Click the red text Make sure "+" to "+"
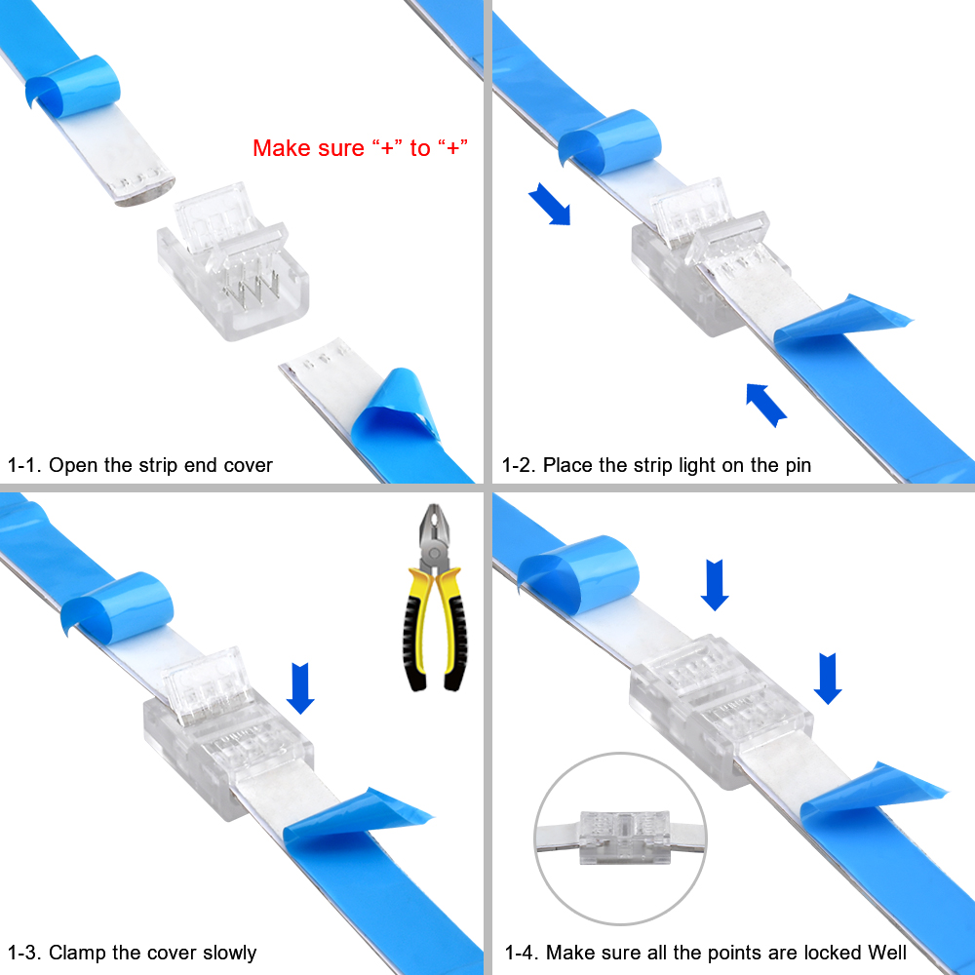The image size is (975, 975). pyautogui.click(x=360, y=148)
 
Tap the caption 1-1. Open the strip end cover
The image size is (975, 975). pyautogui.click(x=139, y=465)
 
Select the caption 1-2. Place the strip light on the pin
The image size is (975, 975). pyautogui.click(x=656, y=465)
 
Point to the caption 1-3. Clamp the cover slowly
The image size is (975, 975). pyautogui.click(x=132, y=953)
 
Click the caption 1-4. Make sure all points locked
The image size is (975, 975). pyautogui.click(x=706, y=953)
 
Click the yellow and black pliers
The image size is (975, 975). pyautogui.click(x=434, y=598)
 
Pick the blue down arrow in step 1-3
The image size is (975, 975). pyautogui.click(x=300, y=688)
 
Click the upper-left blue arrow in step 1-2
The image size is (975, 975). pyautogui.click(x=549, y=204)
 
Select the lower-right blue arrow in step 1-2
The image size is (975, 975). pyautogui.click(x=766, y=405)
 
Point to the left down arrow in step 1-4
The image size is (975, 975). pyautogui.click(x=715, y=585)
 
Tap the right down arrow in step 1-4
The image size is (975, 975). pyautogui.click(x=828, y=679)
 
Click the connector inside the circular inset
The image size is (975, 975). pyautogui.click(x=624, y=837)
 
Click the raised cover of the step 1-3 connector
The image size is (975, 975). pyautogui.click(x=205, y=685)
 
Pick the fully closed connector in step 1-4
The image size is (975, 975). pyautogui.click(x=721, y=709)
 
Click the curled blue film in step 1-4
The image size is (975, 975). pyautogui.click(x=578, y=572)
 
